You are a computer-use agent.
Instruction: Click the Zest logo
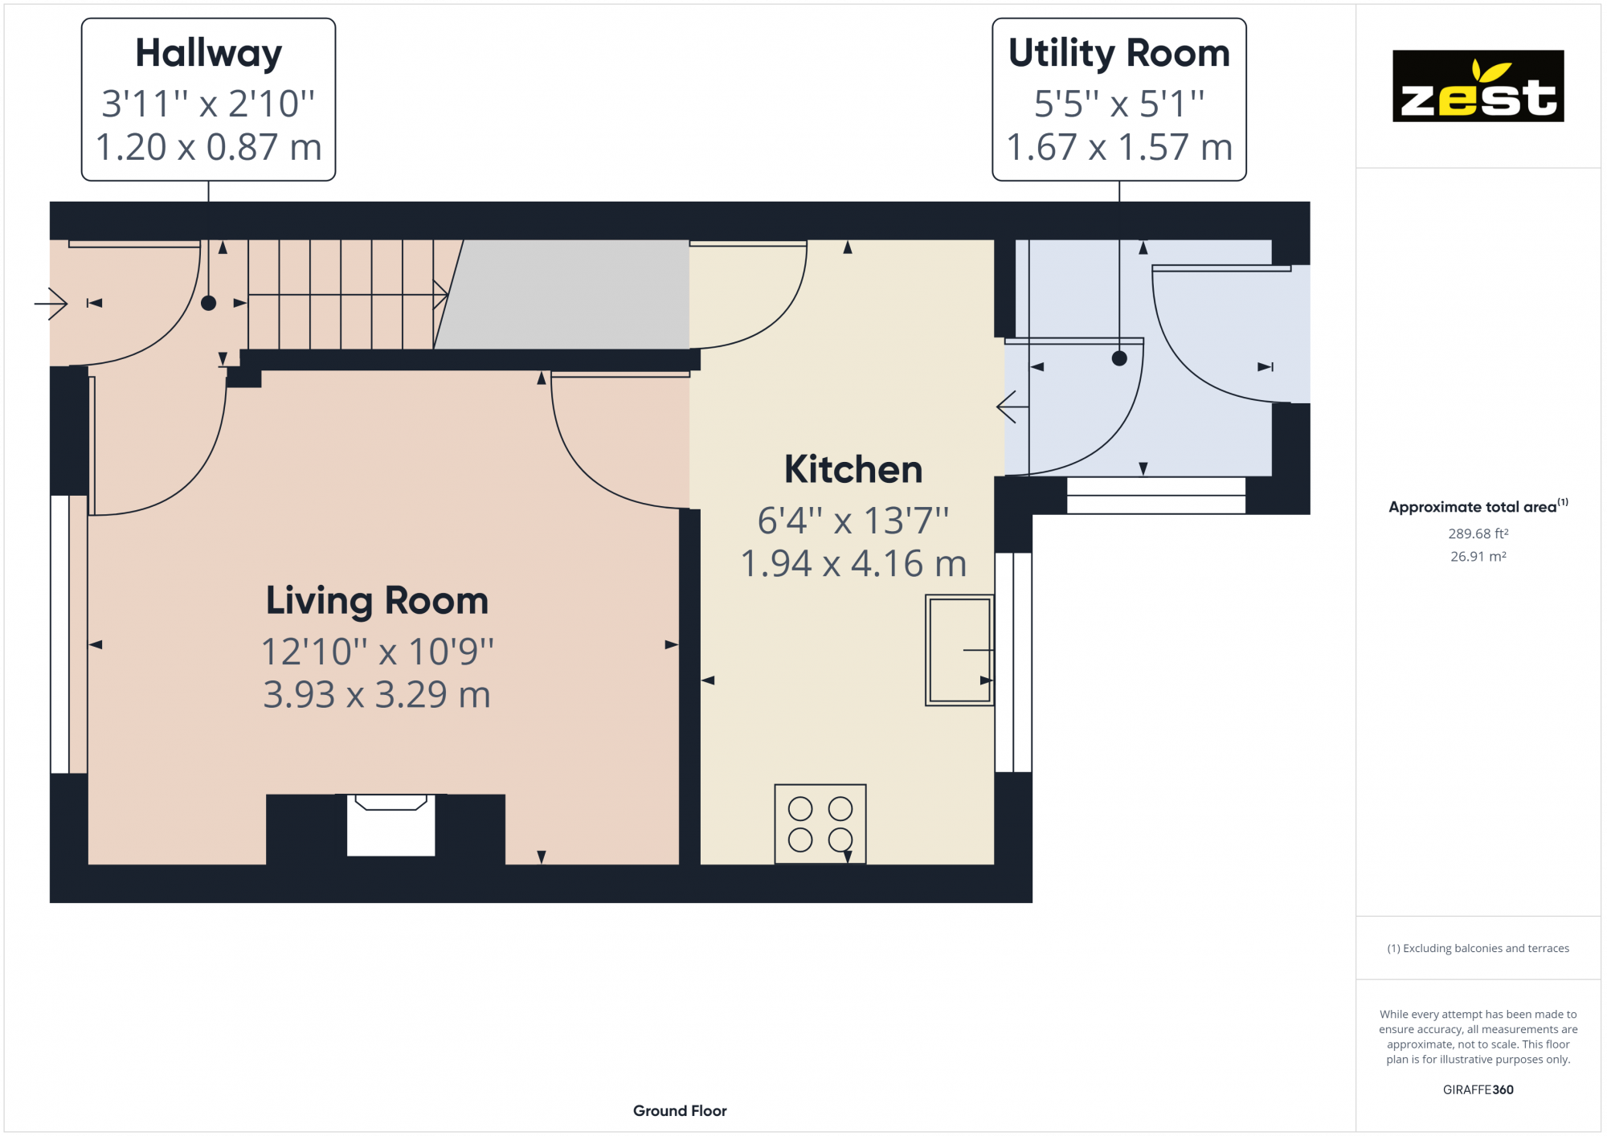[1478, 86]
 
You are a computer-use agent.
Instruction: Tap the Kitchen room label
[853, 469]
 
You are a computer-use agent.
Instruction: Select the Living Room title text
[377, 601]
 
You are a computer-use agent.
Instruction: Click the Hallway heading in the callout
[209, 54]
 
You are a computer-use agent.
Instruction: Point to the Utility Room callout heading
[1119, 53]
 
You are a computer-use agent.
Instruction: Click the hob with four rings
[820, 824]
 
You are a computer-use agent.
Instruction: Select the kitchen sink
[959, 650]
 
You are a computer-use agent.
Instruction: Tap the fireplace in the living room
[391, 824]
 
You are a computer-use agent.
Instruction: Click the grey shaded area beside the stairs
[562, 294]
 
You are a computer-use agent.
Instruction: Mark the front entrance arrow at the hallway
[51, 304]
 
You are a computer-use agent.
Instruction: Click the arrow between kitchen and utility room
[1012, 407]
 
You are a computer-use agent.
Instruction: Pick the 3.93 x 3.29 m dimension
[377, 695]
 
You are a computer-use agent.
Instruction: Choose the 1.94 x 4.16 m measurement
[853, 564]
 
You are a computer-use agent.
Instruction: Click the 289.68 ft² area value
[1478, 533]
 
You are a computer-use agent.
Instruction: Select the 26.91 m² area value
[1478, 556]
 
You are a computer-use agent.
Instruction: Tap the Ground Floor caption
[680, 1110]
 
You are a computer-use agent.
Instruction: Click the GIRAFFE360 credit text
[1478, 1089]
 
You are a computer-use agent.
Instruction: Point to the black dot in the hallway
[209, 303]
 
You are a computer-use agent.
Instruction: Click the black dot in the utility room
[1119, 358]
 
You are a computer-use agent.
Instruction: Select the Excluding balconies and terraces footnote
[1478, 948]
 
